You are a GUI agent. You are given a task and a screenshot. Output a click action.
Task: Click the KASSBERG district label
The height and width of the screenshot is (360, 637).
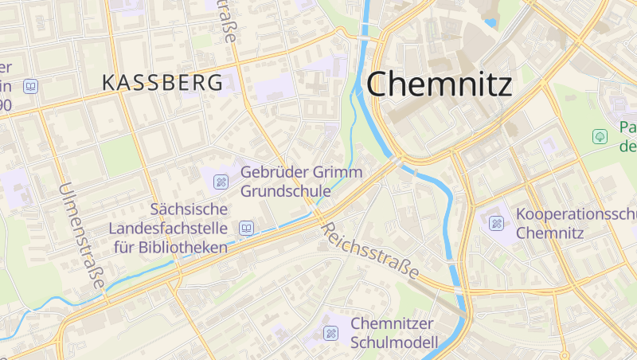(x=162, y=81)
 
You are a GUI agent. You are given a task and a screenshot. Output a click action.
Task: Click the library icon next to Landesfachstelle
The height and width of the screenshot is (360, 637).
(x=246, y=229)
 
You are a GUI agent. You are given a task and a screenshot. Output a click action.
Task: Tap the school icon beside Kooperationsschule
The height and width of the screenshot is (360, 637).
(x=497, y=223)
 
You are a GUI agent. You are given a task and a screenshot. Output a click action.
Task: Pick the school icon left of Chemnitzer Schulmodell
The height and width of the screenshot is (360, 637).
(x=330, y=333)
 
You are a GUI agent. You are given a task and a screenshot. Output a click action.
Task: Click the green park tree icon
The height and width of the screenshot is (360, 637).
(x=599, y=136)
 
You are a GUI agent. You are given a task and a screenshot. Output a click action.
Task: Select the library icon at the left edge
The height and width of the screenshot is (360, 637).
(x=30, y=86)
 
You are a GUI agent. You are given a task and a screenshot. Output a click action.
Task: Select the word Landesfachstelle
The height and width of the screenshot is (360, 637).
(x=170, y=229)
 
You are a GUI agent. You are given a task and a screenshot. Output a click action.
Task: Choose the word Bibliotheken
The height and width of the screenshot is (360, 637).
(x=182, y=247)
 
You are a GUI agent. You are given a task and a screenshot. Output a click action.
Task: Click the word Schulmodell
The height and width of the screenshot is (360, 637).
(x=394, y=342)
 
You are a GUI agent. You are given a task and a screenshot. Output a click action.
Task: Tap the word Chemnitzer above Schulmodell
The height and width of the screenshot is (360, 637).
(x=393, y=323)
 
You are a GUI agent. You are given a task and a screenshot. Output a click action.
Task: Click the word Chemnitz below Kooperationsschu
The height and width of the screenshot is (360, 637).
(x=550, y=233)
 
